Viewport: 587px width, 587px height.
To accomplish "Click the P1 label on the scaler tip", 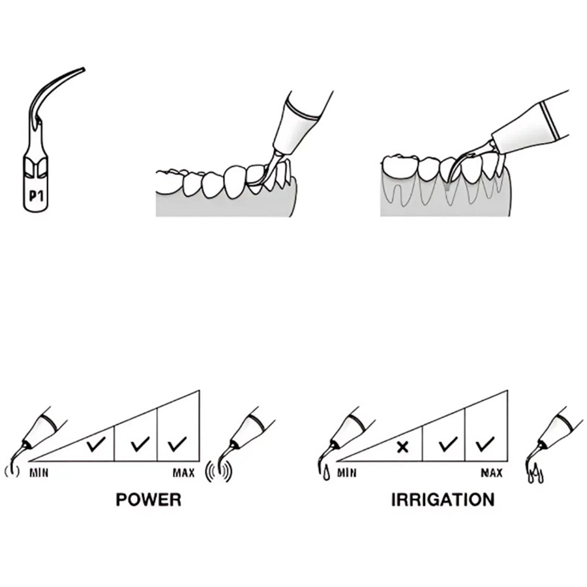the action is point(37,196).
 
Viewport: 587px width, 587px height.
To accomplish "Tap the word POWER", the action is point(148,500).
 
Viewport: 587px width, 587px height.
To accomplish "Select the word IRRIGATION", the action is point(443,500).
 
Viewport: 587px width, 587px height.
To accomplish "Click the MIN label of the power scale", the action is point(39,474).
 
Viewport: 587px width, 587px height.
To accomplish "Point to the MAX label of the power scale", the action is point(183,474).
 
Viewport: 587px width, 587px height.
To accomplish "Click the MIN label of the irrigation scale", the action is point(347,474).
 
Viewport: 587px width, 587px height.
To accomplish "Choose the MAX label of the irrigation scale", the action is point(492,474).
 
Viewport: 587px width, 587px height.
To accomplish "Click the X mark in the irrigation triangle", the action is point(403,447).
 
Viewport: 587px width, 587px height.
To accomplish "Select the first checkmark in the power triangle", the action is point(96,444).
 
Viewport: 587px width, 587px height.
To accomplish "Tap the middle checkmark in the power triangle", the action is point(140,444).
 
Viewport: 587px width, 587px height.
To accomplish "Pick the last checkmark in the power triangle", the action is point(177,444).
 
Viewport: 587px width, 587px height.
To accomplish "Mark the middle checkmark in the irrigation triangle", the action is point(448,444).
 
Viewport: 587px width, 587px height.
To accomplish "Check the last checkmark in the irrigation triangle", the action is point(485,444).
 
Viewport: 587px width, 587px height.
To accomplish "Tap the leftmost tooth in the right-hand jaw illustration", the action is point(399,168).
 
